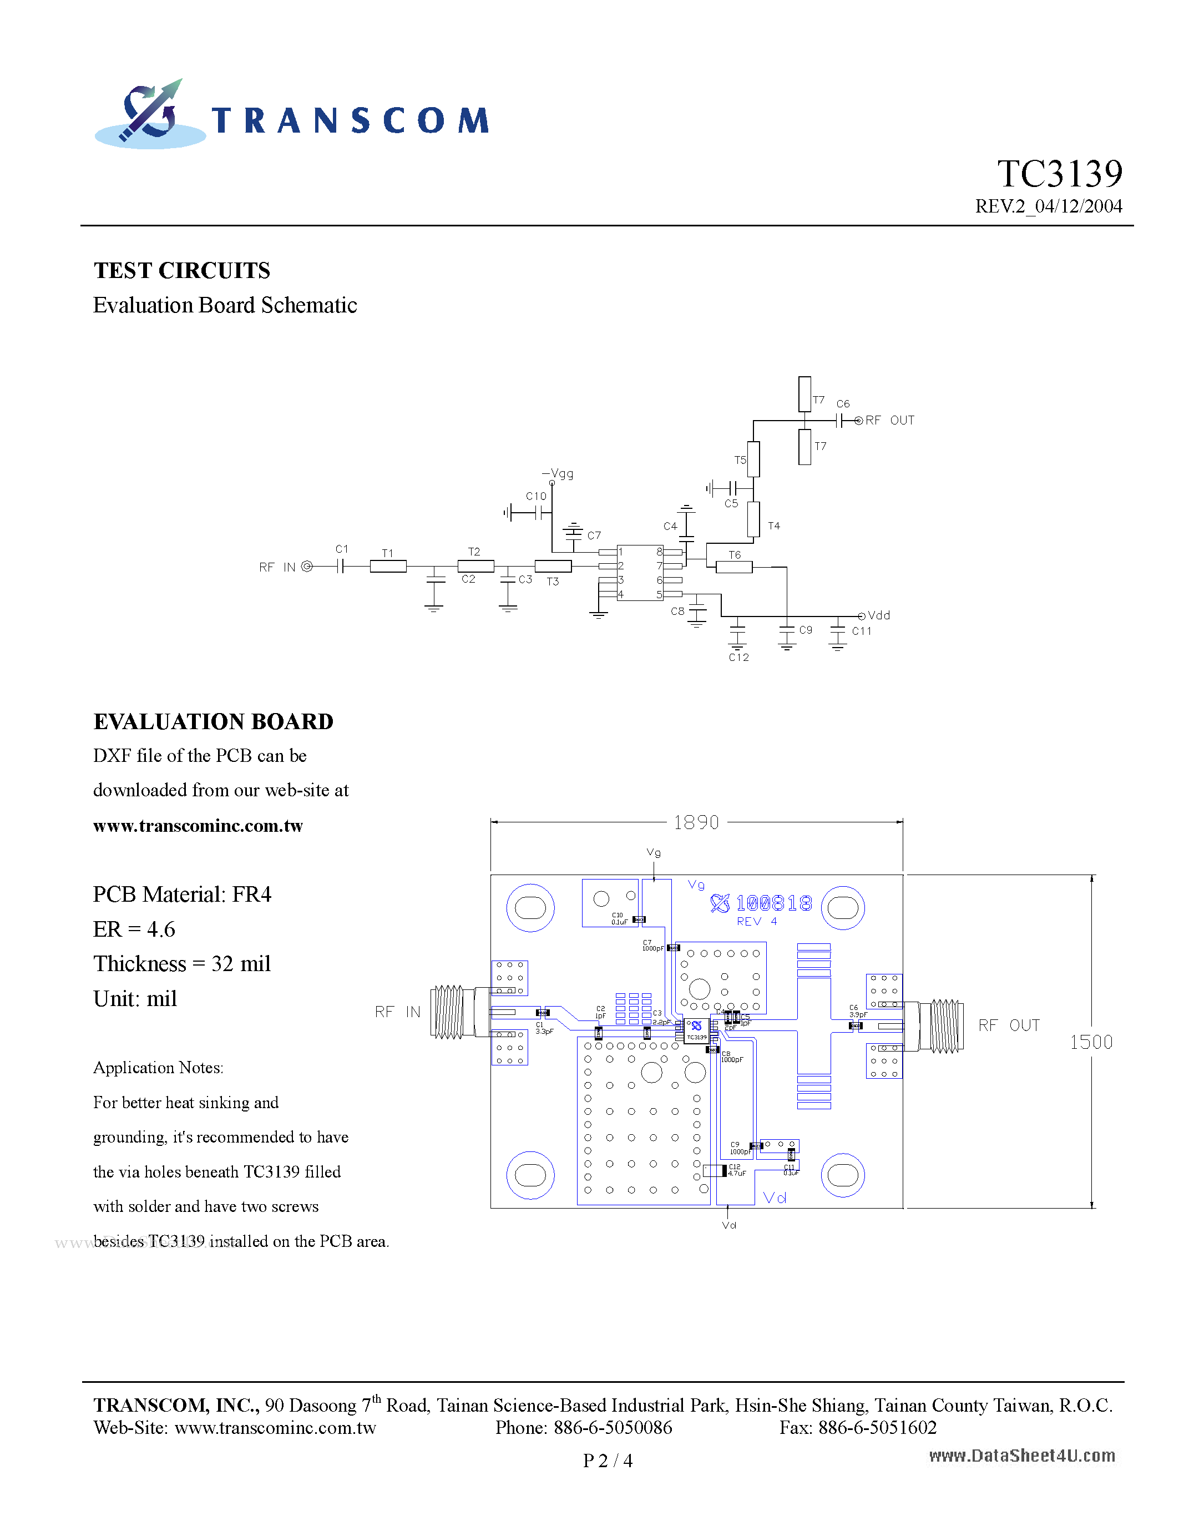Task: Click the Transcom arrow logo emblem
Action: pos(150,113)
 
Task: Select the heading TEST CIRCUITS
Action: pos(181,270)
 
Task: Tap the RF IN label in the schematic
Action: pos(277,567)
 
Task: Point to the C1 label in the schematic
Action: pos(342,549)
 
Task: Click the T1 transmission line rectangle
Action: pos(388,567)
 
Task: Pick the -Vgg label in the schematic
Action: pos(558,474)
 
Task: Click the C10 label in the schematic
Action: pos(536,496)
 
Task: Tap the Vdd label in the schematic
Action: pos(879,615)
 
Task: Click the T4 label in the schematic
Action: pos(774,526)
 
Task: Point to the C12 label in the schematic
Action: pos(739,658)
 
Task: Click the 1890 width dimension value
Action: pos(696,822)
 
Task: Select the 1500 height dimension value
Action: pos(1091,1043)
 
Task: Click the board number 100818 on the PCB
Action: pos(773,903)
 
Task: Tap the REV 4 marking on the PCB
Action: pos(756,922)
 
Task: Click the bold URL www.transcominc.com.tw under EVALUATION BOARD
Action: pos(198,826)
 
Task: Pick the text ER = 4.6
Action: pos(134,929)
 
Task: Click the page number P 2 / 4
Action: pos(608,1461)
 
